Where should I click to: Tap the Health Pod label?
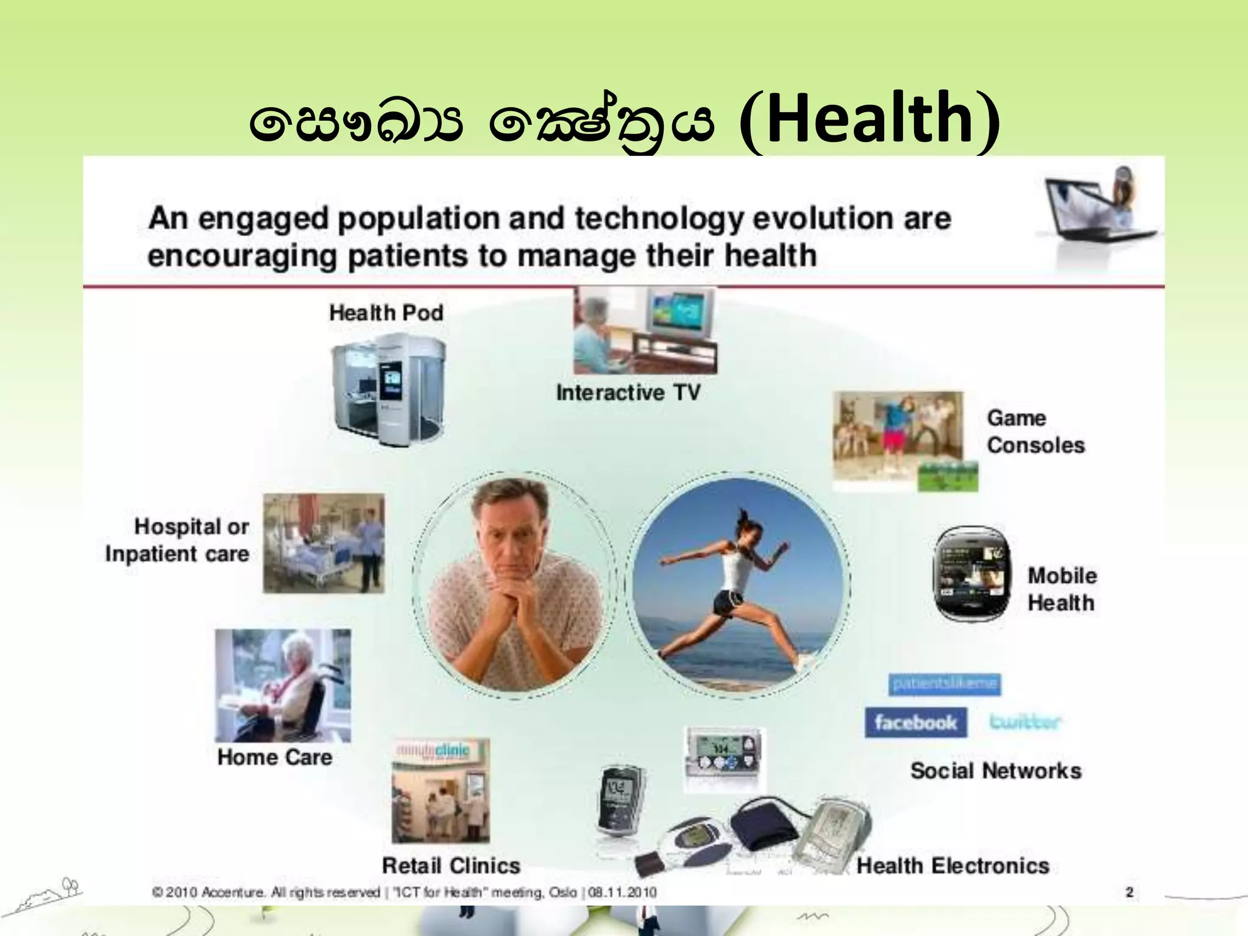point(386,313)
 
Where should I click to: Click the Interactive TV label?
point(628,393)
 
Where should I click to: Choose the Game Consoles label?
point(1035,431)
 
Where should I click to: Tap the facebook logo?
point(915,723)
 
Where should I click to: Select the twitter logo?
point(1025,722)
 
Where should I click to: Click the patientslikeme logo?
point(945,684)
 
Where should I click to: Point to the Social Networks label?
point(996,771)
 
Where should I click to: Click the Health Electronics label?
point(952,865)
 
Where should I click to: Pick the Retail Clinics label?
point(451,865)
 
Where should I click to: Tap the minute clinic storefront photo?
point(440,790)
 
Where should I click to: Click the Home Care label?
point(275,757)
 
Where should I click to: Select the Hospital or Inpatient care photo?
point(324,543)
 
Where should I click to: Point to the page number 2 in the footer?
point(1129,893)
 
